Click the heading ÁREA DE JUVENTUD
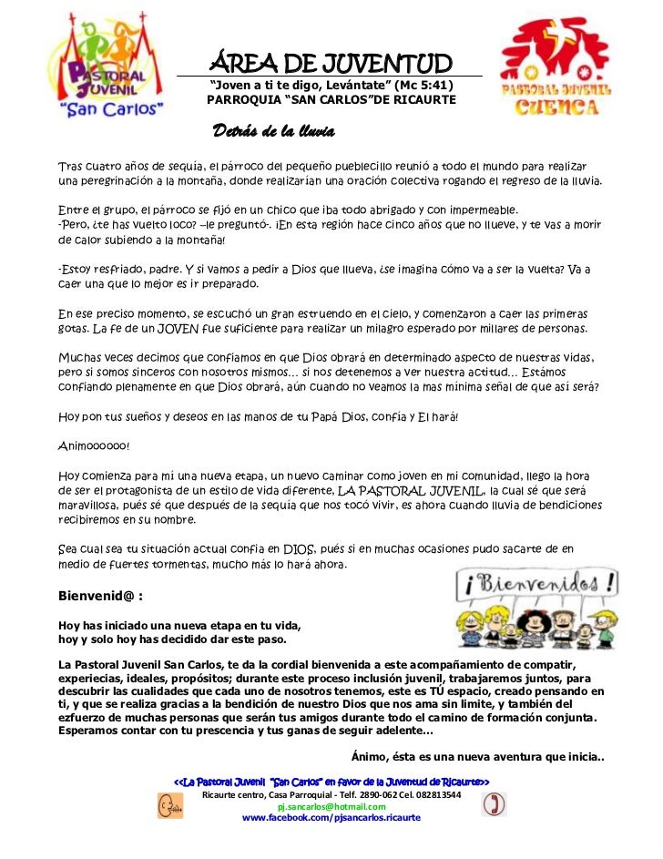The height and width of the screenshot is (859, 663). [331, 64]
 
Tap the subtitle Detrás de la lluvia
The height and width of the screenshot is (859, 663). [273, 133]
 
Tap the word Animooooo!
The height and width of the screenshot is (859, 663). [94, 446]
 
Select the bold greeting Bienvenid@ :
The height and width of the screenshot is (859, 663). [100, 598]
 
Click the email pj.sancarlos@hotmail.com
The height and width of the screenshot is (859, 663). [331, 806]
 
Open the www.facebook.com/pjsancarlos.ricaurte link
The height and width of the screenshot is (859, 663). [331, 818]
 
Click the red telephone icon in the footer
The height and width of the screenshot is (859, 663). [493, 803]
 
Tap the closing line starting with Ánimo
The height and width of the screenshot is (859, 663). [477, 758]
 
